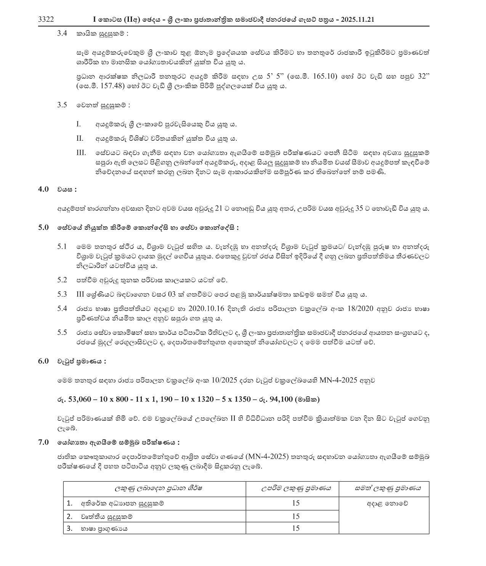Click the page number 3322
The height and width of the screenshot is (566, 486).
point(46,19)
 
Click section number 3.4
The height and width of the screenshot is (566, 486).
point(62,34)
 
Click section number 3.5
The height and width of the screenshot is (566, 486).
point(62,105)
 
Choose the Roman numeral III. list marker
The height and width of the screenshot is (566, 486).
point(81,153)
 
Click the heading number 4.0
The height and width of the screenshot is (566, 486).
point(43,189)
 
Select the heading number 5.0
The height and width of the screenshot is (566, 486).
point(43,228)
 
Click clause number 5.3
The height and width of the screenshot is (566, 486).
point(62,294)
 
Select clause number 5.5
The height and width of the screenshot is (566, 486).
point(62,333)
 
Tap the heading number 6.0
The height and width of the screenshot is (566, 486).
point(43,361)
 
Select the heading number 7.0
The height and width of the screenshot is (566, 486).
point(43,442)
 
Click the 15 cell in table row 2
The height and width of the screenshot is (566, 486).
point(296,516)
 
